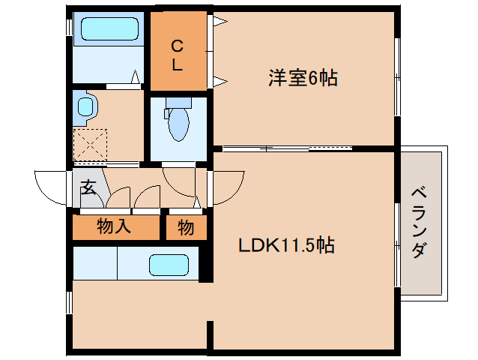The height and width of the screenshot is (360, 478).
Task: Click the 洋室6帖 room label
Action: (x=302, y=77)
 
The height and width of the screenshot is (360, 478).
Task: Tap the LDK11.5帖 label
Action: (x=286, y=244)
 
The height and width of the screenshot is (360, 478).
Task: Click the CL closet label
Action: (x=177, y=55)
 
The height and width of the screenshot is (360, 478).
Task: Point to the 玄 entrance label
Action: (x=88, y=187)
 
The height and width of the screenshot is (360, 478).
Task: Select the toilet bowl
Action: (x=178, y=123)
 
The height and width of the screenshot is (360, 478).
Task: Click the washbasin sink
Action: (x=85, y=107)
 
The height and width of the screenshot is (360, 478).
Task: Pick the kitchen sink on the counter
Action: (x=169, y=265)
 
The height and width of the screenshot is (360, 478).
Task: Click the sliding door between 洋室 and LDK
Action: (x=288, y=148)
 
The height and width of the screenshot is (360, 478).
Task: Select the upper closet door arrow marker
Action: (x=219, y=22)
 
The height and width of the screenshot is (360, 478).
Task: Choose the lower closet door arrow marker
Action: (x=219, y=80)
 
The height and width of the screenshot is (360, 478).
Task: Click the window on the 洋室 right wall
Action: (x=397, y=75)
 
